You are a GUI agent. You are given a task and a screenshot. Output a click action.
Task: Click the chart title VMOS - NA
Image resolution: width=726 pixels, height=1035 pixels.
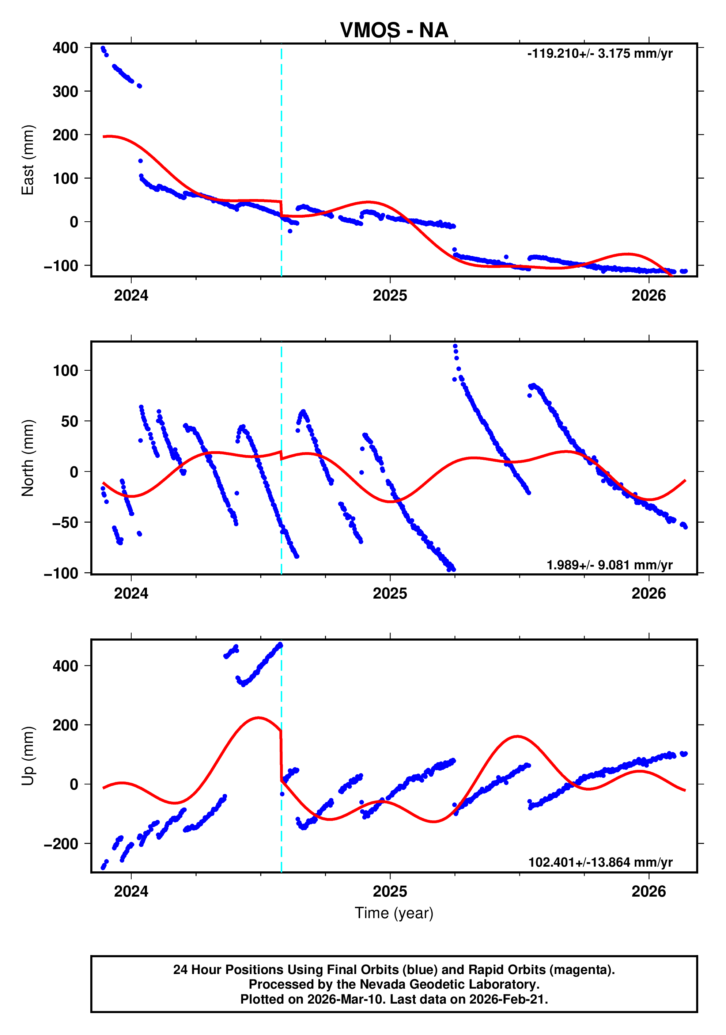coord(394,31)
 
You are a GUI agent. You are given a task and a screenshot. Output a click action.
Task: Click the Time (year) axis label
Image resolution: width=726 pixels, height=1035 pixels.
coord(394,913)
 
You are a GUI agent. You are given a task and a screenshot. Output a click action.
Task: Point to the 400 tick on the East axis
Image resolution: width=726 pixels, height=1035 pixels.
coord(65,48)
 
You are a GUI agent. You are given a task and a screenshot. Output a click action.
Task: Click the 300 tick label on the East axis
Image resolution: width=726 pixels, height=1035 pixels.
coord(65,92)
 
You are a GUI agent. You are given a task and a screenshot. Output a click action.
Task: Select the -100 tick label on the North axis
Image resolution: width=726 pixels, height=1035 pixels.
coord(61,573)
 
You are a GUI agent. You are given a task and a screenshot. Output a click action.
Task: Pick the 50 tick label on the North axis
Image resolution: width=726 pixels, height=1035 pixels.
coord(70,421)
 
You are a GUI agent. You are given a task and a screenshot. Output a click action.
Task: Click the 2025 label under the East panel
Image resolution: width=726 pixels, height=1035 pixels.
coord(390,296)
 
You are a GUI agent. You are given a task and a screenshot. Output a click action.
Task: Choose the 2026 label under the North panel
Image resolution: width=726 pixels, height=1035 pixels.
coord(649,594)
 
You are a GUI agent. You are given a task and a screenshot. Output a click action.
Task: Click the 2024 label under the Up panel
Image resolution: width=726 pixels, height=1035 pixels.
coord(131,891)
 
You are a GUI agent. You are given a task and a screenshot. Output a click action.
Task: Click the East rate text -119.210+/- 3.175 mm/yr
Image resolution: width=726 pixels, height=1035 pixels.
coord(600,54)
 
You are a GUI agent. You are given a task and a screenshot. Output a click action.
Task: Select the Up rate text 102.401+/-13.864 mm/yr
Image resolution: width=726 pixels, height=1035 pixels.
coord(600,862)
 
